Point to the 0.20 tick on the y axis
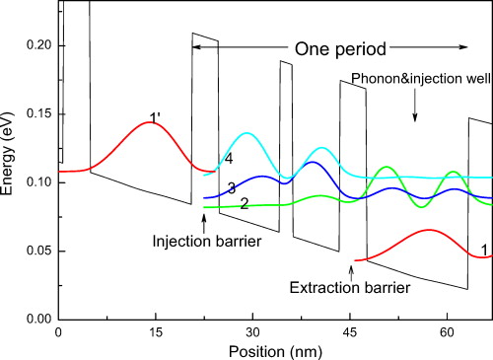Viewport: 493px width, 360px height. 37,45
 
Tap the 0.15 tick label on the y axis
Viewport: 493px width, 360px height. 37,114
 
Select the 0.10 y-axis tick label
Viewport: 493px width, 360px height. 37,182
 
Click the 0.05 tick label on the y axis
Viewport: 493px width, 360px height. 37,251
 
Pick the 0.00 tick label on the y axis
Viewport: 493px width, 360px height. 37,319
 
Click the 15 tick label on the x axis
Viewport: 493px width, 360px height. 156,333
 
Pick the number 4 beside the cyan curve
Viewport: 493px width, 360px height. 228,158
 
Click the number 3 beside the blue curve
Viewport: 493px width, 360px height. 230,187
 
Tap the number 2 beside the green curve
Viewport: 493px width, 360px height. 243,201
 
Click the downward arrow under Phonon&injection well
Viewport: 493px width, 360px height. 414,110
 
